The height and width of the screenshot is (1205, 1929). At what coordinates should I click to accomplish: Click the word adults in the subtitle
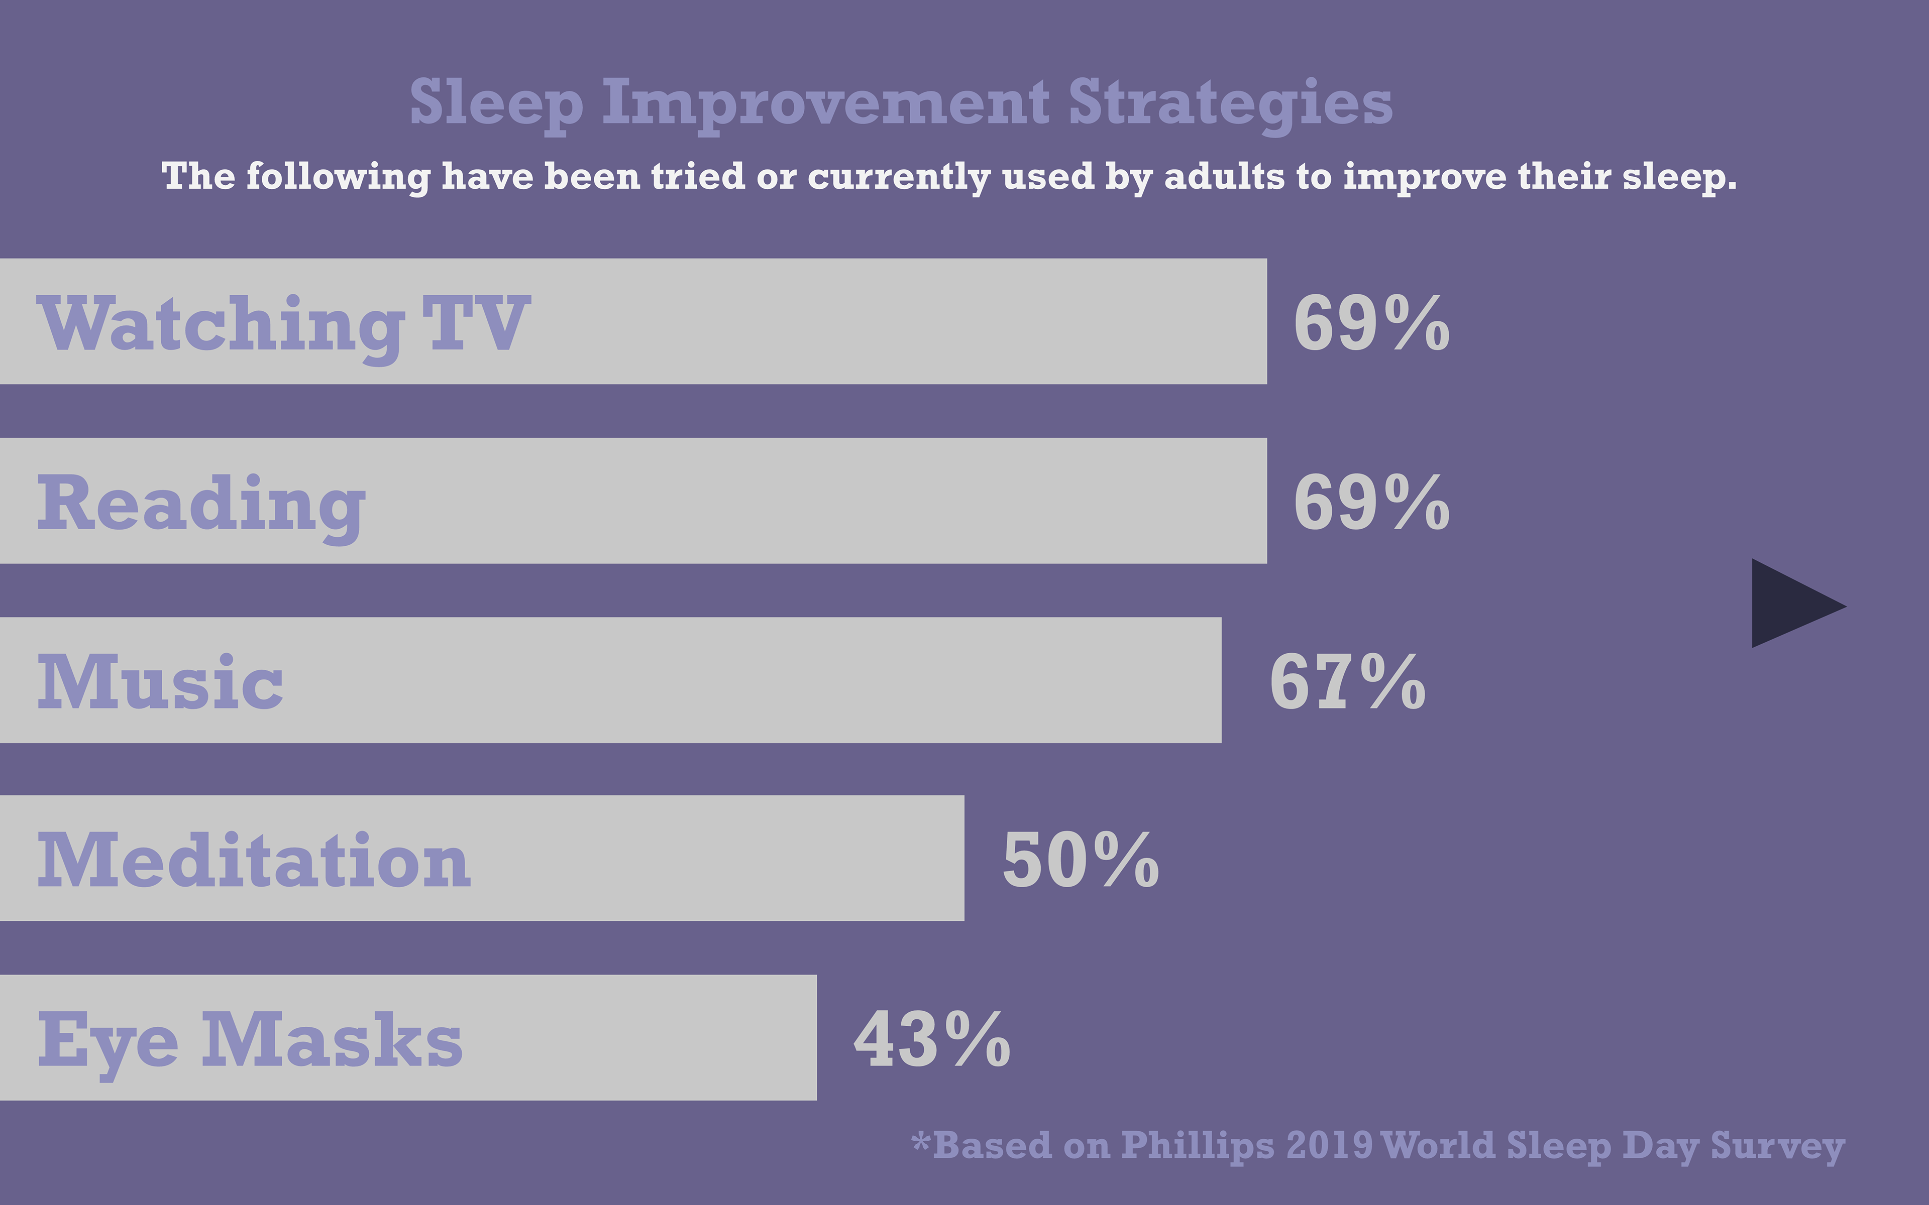tap(1224, 176)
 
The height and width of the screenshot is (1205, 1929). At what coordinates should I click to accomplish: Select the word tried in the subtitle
tap(697, 176)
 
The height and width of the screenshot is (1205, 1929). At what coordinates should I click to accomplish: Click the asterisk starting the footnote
tap(921, 1140)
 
